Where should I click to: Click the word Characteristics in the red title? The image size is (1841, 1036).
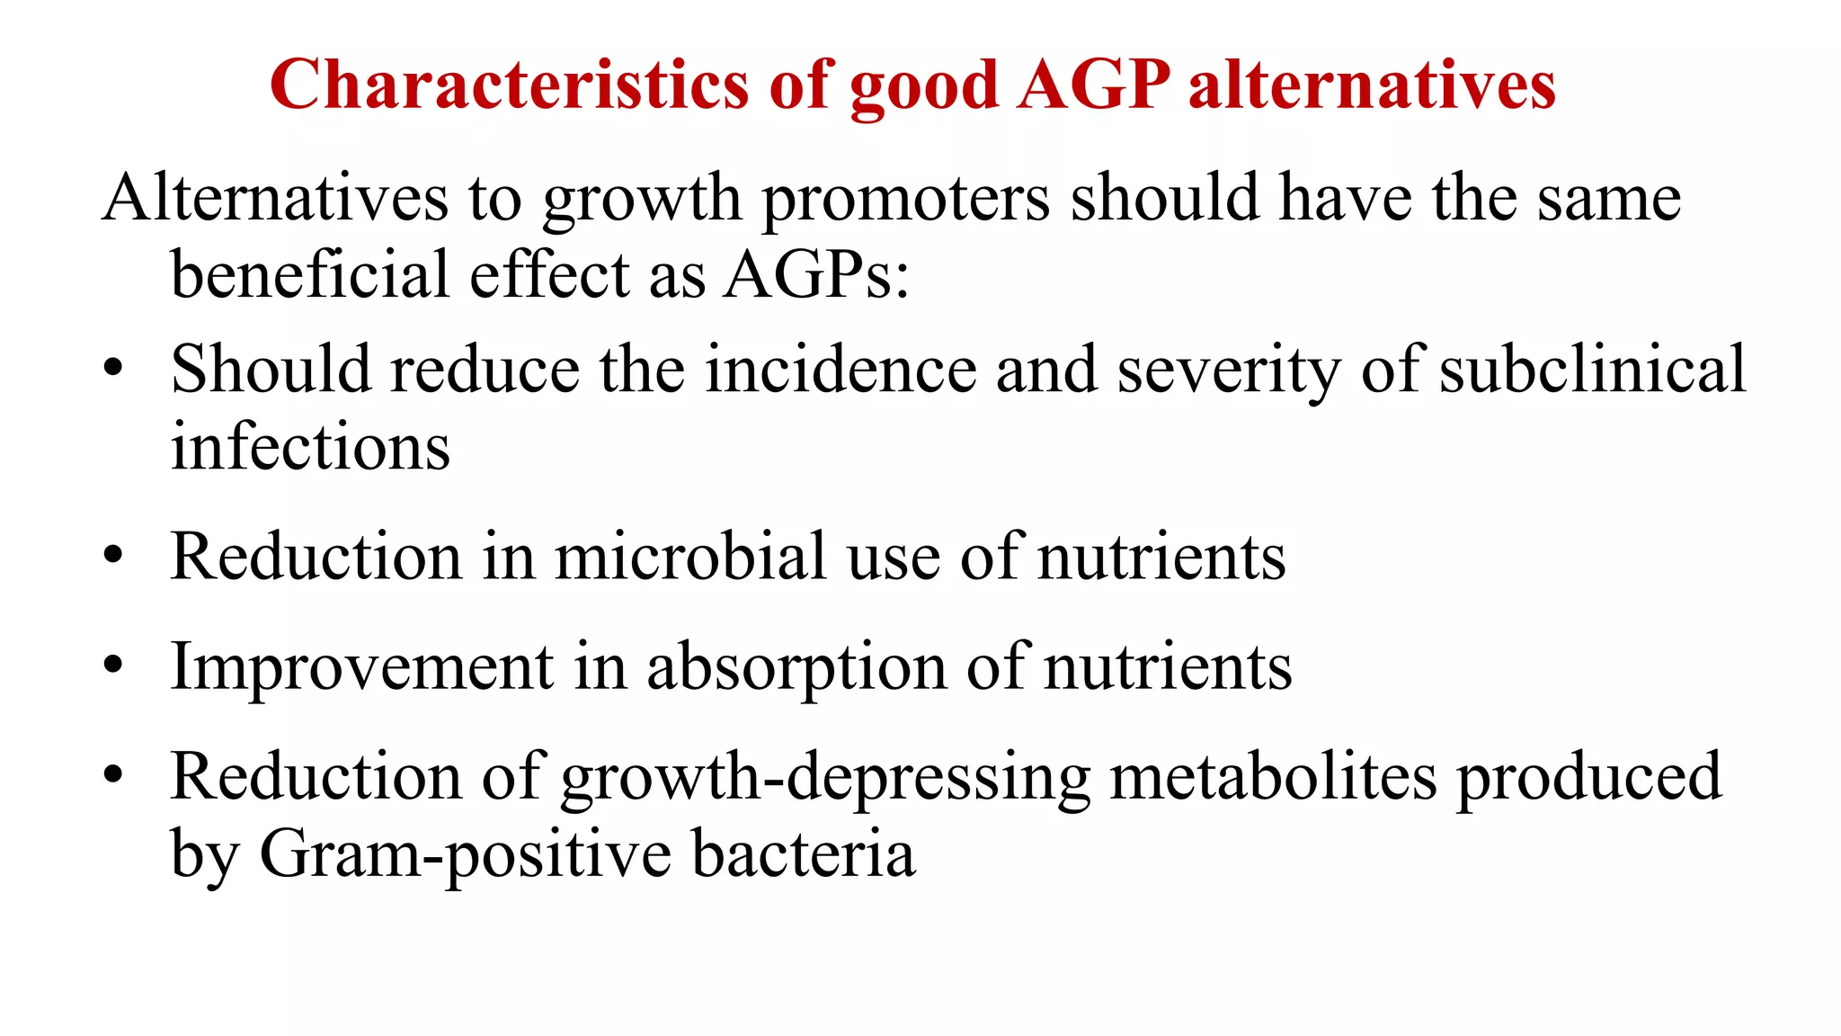509,85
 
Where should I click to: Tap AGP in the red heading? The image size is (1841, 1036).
1093,85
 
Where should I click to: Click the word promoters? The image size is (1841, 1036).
906,200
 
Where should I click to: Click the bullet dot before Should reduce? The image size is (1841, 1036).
112,371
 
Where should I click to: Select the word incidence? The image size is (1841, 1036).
840,370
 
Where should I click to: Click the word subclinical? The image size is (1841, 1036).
1592,370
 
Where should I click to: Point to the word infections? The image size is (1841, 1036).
310,447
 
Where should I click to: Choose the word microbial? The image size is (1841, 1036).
689,557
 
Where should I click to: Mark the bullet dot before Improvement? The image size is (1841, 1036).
112,667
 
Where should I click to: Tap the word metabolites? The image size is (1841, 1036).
1273,777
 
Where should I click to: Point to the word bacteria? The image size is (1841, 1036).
804,853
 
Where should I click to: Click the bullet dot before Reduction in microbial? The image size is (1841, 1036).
112,557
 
